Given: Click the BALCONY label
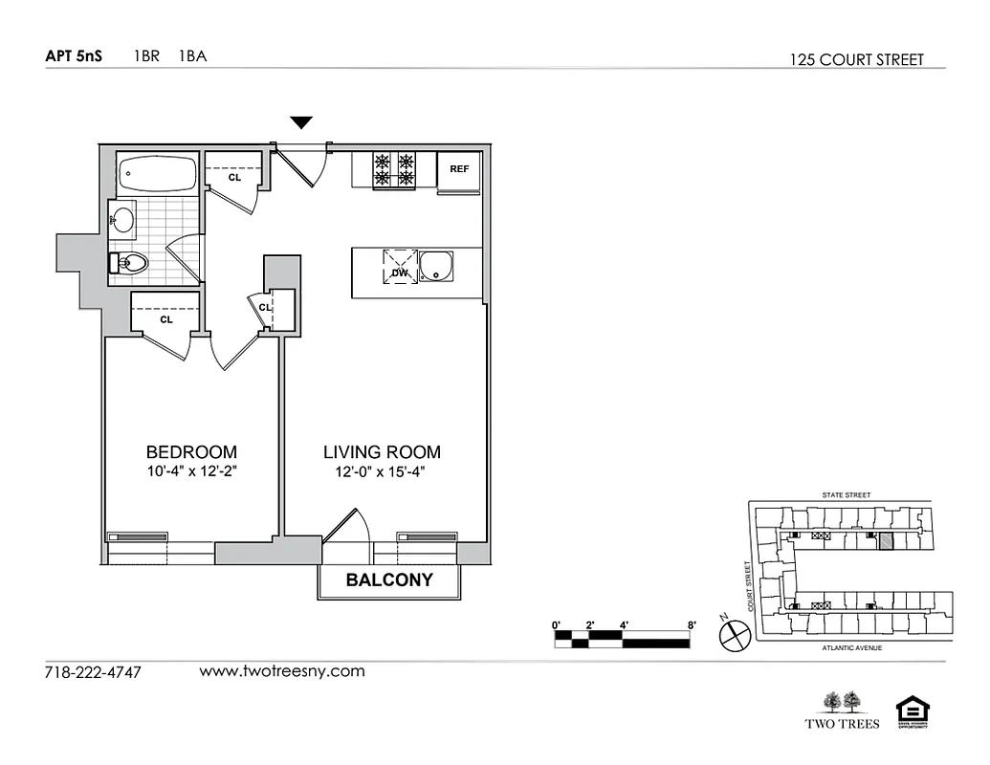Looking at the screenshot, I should [388, 579].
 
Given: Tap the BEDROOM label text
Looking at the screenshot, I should [191, 451].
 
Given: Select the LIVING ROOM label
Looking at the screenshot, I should [382, 451].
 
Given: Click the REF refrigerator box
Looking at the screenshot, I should [459, 170].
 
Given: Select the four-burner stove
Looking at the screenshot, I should [395, 170].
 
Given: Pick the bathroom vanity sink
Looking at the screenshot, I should [121, 220].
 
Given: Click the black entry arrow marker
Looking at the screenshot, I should [301, 122].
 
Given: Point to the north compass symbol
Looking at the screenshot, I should [734, 633].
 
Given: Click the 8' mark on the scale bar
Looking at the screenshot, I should [691, 624].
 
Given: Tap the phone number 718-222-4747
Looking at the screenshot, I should [93, 672].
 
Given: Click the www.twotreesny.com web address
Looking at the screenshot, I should [282, 670].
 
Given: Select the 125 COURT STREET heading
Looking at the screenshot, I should [857, 59].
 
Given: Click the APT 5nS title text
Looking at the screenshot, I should [74, 55].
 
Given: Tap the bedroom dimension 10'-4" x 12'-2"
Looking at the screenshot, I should [191, 471].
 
